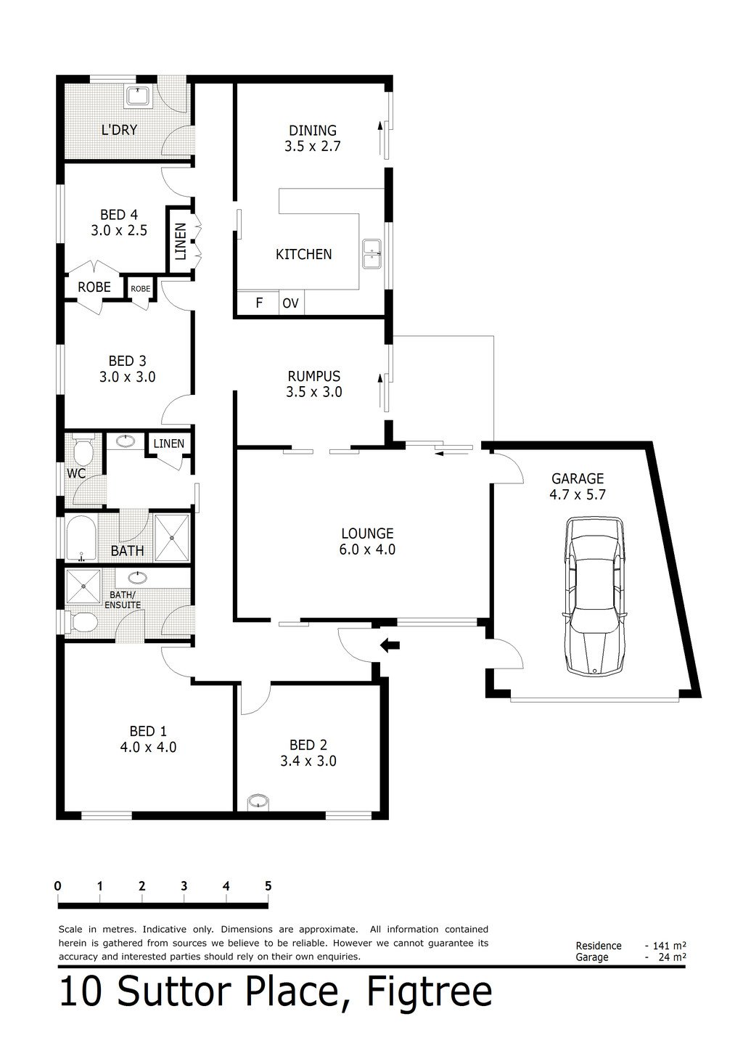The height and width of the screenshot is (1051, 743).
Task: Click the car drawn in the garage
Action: [x=595, y=596]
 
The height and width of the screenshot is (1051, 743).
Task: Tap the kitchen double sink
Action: [x=372, y=254]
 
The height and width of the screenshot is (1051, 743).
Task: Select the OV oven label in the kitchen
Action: [x=290, y=303]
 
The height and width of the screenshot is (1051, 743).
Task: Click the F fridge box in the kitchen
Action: [x=259, y=303]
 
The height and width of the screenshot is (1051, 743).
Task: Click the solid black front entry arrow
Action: [x=390, y=645]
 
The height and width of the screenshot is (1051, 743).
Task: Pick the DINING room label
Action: [x=313, y=131]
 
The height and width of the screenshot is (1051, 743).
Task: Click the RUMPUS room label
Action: [x=313, y=376]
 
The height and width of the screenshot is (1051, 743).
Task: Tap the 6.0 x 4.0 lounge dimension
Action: [x=366, y=549]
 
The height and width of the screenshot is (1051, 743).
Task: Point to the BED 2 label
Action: [x=308, y=745]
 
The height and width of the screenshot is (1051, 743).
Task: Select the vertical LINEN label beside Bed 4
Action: [x=180, y=242]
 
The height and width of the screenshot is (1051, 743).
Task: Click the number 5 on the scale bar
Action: [x=268, y=886]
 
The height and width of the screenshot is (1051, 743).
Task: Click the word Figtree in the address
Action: [x=429, y=992]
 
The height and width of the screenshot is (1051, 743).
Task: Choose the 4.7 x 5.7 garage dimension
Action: [x=578, y=495]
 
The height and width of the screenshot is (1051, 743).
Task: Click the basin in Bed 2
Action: [x=257, y=802]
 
